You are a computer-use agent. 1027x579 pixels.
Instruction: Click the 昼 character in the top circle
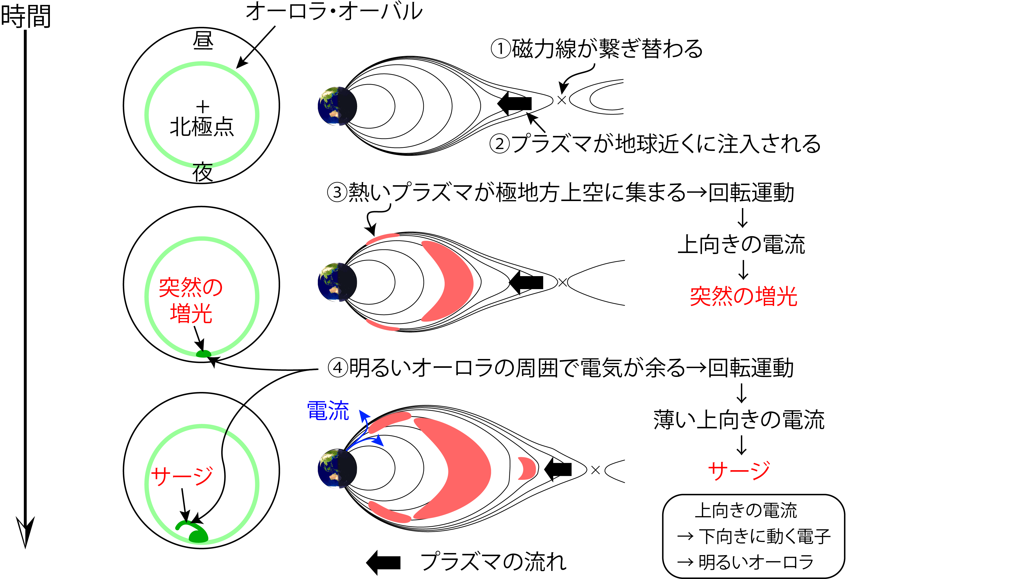point(203,41)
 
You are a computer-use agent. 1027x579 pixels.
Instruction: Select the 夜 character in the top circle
point(203,172)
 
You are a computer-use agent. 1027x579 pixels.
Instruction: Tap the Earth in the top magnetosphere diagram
point(337,106)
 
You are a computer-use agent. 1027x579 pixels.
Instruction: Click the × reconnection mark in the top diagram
point(562,100)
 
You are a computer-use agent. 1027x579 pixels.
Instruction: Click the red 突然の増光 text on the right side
point(743,296)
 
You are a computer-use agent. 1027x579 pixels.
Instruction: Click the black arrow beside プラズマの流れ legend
point(383,562)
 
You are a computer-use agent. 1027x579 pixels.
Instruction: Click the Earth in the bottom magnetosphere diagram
point(337,468)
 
